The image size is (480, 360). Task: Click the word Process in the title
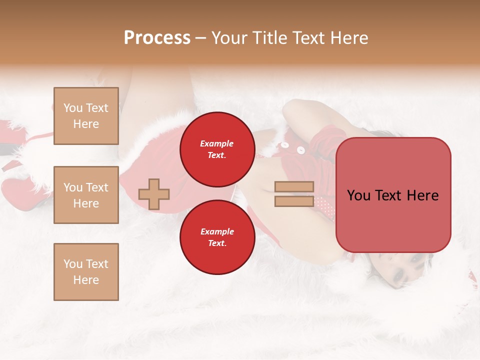[x=157, y=38]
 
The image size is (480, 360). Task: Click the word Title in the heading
[x=269, y=38]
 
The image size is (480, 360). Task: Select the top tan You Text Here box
[x=86, y=116]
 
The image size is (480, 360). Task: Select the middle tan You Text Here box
[x=86, y=195]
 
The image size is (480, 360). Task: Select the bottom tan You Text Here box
[x=86, y=272]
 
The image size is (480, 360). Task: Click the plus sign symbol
[x=154, y=194]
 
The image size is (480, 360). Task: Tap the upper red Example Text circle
[x=217, y=149]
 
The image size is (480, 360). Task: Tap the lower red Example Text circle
[x=217, y=237]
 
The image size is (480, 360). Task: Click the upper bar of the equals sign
[x=294, y=186]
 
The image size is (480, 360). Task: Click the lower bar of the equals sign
[x=294, y=201]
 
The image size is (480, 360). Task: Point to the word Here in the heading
[x=348, y=38]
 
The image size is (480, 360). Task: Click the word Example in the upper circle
[x=217, y=143]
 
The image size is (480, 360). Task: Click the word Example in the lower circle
[x=217, y=231]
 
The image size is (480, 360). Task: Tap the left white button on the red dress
[x=285, y=145]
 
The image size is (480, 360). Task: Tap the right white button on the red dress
[x=300, y=149]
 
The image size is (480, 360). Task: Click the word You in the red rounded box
[x=358, y=195]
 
